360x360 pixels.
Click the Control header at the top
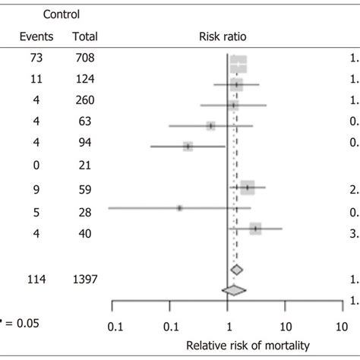[61, 14]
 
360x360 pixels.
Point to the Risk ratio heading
[224, 36]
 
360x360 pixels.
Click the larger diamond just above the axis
[234, 289]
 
